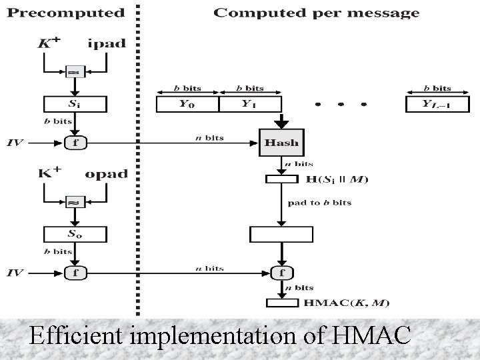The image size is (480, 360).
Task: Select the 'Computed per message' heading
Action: point(316,13)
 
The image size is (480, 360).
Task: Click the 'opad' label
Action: point(106,174)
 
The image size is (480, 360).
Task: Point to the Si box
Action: point(75,105)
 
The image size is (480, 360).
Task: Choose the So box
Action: point(75,235)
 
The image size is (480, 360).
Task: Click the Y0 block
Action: point(187,105)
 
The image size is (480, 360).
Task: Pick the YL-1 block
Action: point(437,105)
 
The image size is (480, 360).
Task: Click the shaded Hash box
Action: point(282,142)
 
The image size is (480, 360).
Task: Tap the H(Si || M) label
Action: point(337,179)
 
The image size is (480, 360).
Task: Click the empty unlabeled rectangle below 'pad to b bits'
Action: point(281,234)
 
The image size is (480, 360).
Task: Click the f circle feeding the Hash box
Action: point(75,142)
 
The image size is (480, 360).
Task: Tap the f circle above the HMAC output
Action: point(281,272)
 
